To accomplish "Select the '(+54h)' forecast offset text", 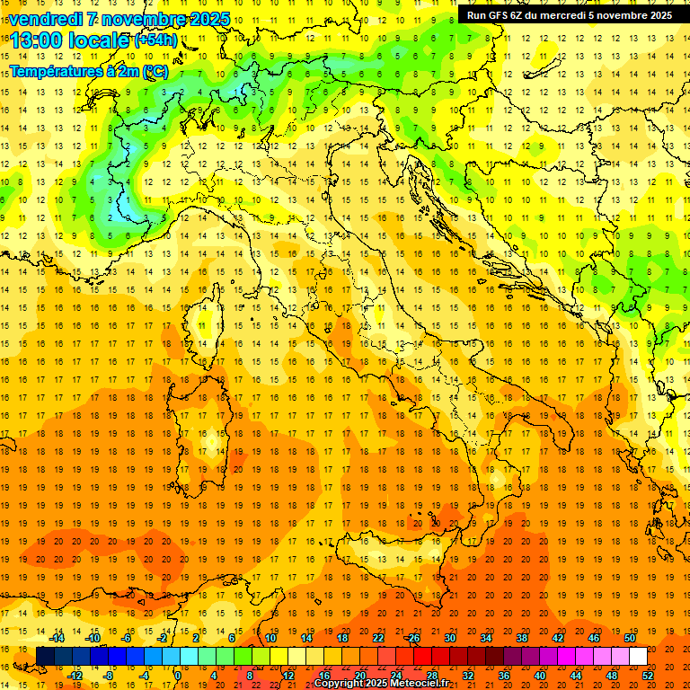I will click(155, 40).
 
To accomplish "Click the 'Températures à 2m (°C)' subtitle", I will click(88, 72).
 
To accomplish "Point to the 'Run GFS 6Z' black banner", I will click(569, 14).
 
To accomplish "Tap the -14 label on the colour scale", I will click(58, 638).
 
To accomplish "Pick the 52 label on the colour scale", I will click(649, 675).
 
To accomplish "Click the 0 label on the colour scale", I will click(178, 675).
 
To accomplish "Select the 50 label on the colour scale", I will click(630, 638).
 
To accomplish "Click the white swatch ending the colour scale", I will click(638, 656).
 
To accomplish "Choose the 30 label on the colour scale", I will click(450, 638).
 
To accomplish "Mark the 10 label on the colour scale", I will click(270, 638).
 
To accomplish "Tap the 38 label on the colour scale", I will click(522, 638).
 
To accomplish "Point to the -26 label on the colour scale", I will click(412, 638).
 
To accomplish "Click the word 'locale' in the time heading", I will click(102, 40).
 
